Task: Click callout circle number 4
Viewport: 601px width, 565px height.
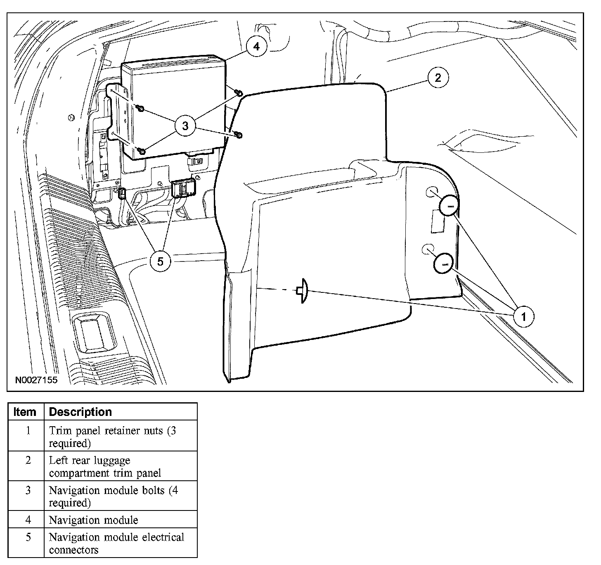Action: [256, 47]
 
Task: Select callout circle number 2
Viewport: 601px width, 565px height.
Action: [438, 77]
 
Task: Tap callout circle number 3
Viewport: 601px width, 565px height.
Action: [185, 126]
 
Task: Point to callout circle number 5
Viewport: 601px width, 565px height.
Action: [160, 261]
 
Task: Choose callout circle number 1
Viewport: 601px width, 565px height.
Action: [524, 317]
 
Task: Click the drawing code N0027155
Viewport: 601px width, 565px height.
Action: [37, 380]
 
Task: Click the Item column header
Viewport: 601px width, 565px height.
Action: [25, 412]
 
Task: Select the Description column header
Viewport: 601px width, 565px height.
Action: [80, 412]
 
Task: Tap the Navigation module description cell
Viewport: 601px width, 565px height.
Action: [93, 520]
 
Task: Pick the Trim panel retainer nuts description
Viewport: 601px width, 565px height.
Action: [112, 437]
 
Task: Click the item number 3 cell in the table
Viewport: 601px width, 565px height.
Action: [28, 490]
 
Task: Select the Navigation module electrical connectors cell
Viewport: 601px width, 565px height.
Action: [116, 543]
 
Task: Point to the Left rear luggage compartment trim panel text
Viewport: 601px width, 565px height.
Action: [105, 466]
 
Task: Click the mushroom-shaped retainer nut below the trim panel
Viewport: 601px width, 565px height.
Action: [303, 291]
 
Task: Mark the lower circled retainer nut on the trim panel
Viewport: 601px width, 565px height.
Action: [444, 263]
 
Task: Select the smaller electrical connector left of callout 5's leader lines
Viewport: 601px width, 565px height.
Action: [122, 193]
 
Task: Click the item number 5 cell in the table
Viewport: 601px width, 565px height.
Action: [28, 538]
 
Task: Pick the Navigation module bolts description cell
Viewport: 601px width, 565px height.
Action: [113, 496]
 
